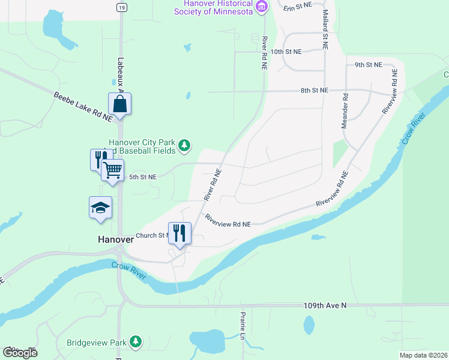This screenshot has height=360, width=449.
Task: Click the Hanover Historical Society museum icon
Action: [x=261, y=8]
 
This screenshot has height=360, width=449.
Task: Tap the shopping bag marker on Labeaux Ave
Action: [x=119, y=104]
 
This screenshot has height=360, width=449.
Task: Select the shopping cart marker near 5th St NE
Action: [x=112, y=170]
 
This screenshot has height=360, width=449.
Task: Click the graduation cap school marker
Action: [x=100, y=208]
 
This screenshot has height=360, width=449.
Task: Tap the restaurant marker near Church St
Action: [x=179, y=233]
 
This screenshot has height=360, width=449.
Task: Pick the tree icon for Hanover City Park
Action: [x=185, y=145]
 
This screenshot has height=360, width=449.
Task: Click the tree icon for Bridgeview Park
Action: [x=136, y=342]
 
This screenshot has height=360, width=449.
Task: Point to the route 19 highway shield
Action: [x=122, y=7]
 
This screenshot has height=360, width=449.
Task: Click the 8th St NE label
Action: [x=315, y=91]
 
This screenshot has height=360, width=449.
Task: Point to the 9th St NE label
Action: [x=368, y=64]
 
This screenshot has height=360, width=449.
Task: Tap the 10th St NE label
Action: [x=285, y=52]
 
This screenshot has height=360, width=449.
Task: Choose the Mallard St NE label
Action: [x=325, y=29]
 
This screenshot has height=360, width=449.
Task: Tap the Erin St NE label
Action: [x=298, y=7]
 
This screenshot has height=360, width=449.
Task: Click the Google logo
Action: [x=20, y=352]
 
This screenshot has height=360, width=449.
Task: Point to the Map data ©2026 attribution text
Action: [x=423, y=355]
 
